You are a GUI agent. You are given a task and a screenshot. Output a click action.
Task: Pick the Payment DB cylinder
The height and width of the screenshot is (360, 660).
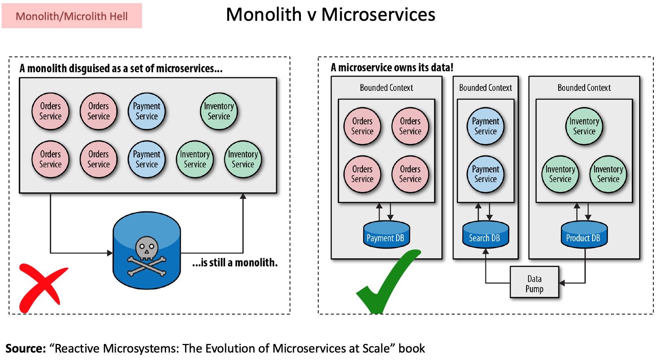386,235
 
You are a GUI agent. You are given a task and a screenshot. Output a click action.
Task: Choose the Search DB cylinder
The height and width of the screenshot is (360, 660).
485,235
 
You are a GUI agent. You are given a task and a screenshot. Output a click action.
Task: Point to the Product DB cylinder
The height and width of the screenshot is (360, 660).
584,235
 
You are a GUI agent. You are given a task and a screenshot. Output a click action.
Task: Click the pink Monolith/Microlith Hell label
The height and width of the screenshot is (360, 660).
72,16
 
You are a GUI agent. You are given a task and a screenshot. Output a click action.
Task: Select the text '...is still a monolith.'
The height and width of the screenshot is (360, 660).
235,262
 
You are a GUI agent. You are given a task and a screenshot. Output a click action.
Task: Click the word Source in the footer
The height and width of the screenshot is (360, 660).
26,348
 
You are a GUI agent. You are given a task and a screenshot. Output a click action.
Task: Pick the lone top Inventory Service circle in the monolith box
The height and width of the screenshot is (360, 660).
219,111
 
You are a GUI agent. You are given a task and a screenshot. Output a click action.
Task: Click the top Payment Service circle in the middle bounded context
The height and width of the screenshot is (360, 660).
485,126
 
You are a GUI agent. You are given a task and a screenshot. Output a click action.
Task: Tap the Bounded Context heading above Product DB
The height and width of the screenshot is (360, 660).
584,88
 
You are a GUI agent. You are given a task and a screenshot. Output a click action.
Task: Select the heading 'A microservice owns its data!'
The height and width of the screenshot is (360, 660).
392,67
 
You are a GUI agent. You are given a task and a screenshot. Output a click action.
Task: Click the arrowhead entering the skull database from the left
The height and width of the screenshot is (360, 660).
110,253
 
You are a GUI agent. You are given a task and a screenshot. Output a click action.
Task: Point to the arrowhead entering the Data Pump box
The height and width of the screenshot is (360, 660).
562,283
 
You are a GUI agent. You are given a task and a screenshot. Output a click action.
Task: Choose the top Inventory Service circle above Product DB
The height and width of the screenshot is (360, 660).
584,126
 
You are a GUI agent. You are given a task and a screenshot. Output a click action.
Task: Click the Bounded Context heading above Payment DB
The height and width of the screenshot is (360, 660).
386,88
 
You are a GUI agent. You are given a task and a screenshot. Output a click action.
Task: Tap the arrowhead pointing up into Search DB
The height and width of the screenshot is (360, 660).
485,251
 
